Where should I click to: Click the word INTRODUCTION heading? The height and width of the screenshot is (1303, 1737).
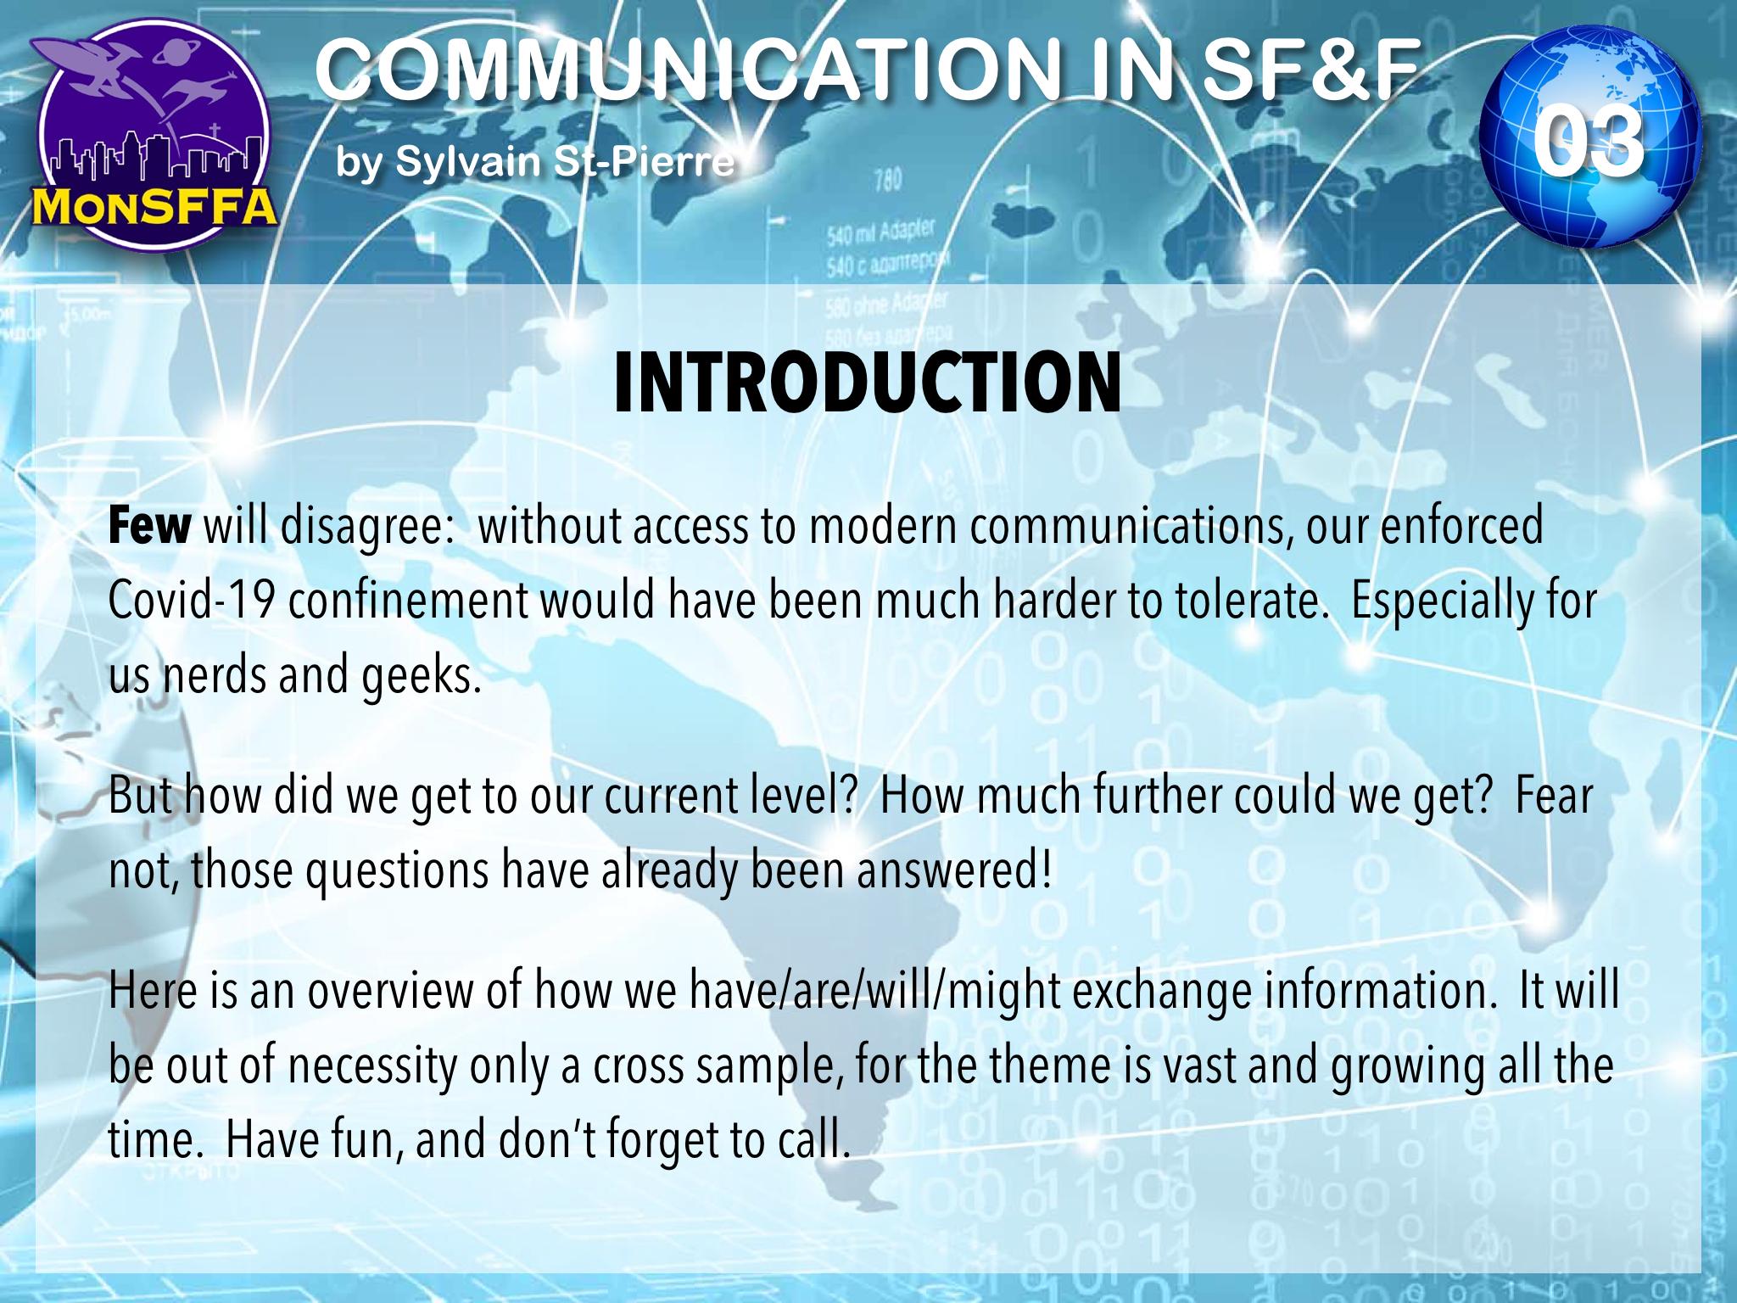click(x=868, y=384)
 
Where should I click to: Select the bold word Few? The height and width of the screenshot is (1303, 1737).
click(x=149, y=528)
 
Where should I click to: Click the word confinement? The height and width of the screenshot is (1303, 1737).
click(x=406, y=602)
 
